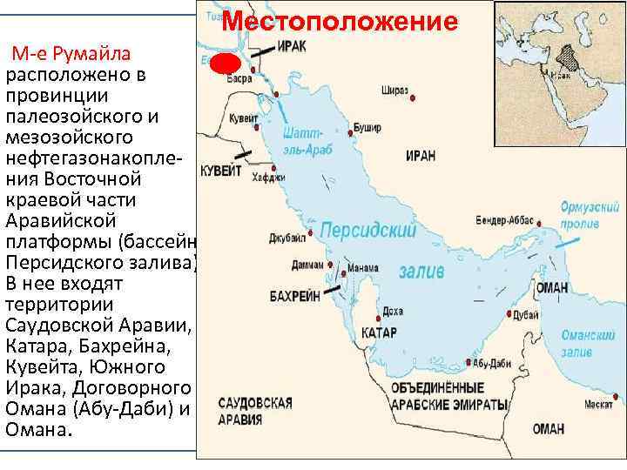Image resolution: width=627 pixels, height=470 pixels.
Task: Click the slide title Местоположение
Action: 340,21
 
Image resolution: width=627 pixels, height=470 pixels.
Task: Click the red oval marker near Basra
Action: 224,65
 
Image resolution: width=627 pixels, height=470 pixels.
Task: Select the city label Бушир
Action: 368,127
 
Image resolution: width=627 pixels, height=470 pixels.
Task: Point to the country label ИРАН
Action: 421,155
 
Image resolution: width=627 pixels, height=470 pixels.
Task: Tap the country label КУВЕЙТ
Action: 221,171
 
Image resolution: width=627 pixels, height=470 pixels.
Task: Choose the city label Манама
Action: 362,267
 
